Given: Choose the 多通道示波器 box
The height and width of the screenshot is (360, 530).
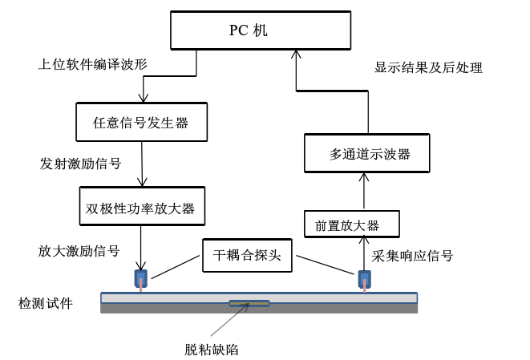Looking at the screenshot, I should pyautogui.click(x=369, y=153).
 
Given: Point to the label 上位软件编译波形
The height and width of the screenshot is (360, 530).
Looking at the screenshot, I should pyautogui.click(x=94, y=63).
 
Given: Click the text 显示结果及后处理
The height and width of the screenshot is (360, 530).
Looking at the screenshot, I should pyautogui.click(x=428, y=68).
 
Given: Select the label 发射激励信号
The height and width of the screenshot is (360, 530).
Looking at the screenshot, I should pyautogui.click(x=80, y=164).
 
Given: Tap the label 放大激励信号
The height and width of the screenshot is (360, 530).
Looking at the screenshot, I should pyautogui.click(x=79, y=251).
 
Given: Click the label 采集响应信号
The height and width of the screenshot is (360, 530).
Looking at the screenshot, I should pyautogui.click(x=413, y=257).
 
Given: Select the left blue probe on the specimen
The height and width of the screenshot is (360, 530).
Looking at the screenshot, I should pyautogui.click(x=141, y=280).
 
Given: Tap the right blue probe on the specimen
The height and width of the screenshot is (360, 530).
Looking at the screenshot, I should pyautogui.click(x=365, y=280).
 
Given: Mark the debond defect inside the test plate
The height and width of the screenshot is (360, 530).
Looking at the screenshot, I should pyautogui.click(x=249, y=303).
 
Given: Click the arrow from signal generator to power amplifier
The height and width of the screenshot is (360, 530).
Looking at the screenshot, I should pyautogui.click(x=141, y=164).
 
